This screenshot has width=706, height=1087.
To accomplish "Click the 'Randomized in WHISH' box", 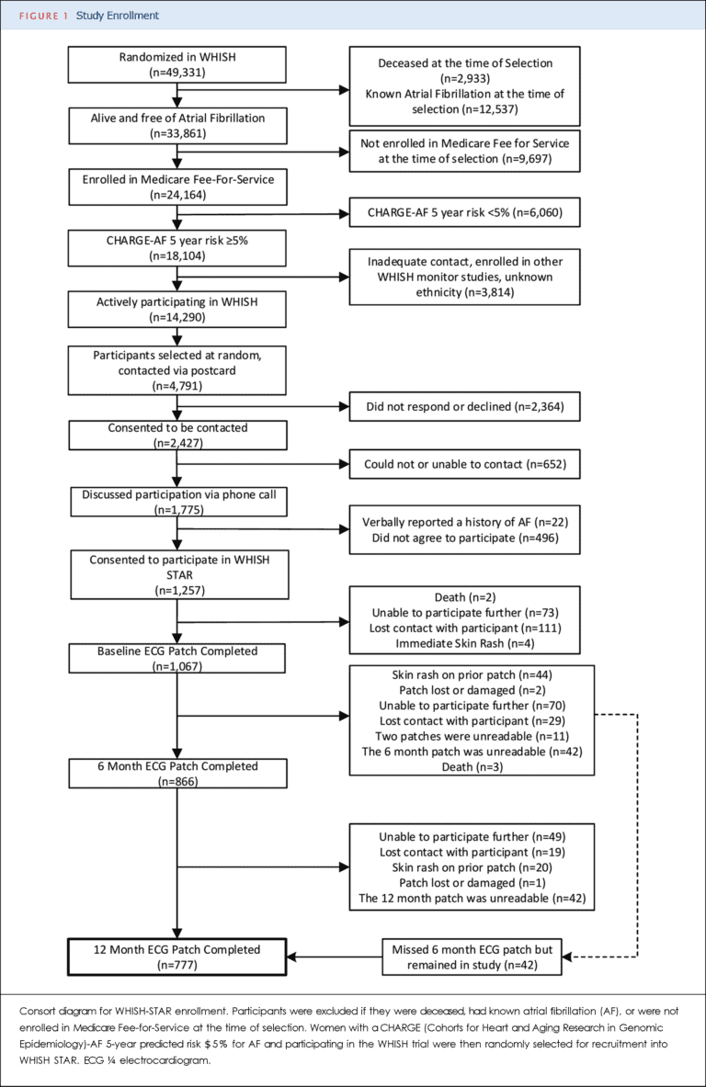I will point(176,65).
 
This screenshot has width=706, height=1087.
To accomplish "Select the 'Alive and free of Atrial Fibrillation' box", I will point(176,126).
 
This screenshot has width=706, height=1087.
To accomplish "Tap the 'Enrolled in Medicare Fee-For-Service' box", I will point(176,187).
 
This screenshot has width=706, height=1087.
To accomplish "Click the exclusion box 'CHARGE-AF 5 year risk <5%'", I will point(464,214).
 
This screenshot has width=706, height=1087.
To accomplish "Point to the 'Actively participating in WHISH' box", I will point(176,309).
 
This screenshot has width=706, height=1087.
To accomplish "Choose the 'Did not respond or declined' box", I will point(464,405).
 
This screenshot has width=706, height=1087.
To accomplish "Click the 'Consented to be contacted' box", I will point(176,436).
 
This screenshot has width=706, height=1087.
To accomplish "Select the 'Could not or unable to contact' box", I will point(464,465).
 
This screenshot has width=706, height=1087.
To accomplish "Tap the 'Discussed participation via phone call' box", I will point(176,502).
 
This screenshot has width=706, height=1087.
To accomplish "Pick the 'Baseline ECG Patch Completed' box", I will point(176,659).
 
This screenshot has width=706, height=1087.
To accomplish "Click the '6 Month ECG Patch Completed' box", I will point(176,774).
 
